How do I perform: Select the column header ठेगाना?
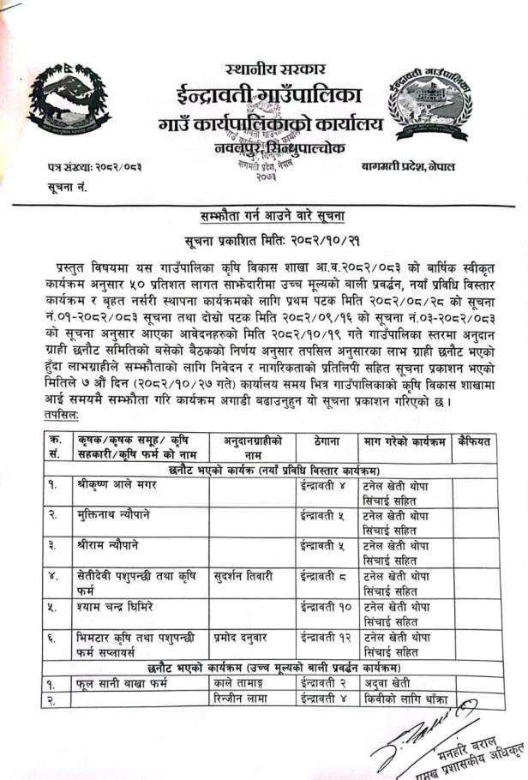[325, 441]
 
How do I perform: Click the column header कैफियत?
[474, 441]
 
